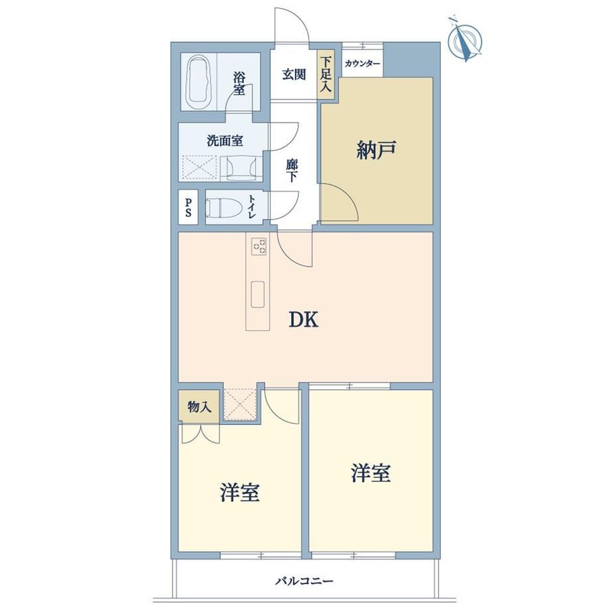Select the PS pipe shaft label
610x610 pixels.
click(188, 208)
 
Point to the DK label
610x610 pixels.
click(304, 320)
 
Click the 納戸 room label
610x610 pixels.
click(376, 150)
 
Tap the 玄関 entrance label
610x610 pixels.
click(294, 74)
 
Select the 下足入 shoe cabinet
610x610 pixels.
click(326, 74)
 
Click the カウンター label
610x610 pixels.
click(362, 64)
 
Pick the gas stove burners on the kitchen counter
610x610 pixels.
click(259, 246)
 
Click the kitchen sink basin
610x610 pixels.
click(257, 294)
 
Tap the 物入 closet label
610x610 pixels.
click(199, 407)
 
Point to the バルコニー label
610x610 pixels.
click(304, 581)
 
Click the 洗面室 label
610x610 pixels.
click(225, 141)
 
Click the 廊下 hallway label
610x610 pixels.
click(292, 172)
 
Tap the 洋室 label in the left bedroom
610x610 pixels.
click(239, 493)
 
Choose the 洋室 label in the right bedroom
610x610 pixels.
click(371, 473)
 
